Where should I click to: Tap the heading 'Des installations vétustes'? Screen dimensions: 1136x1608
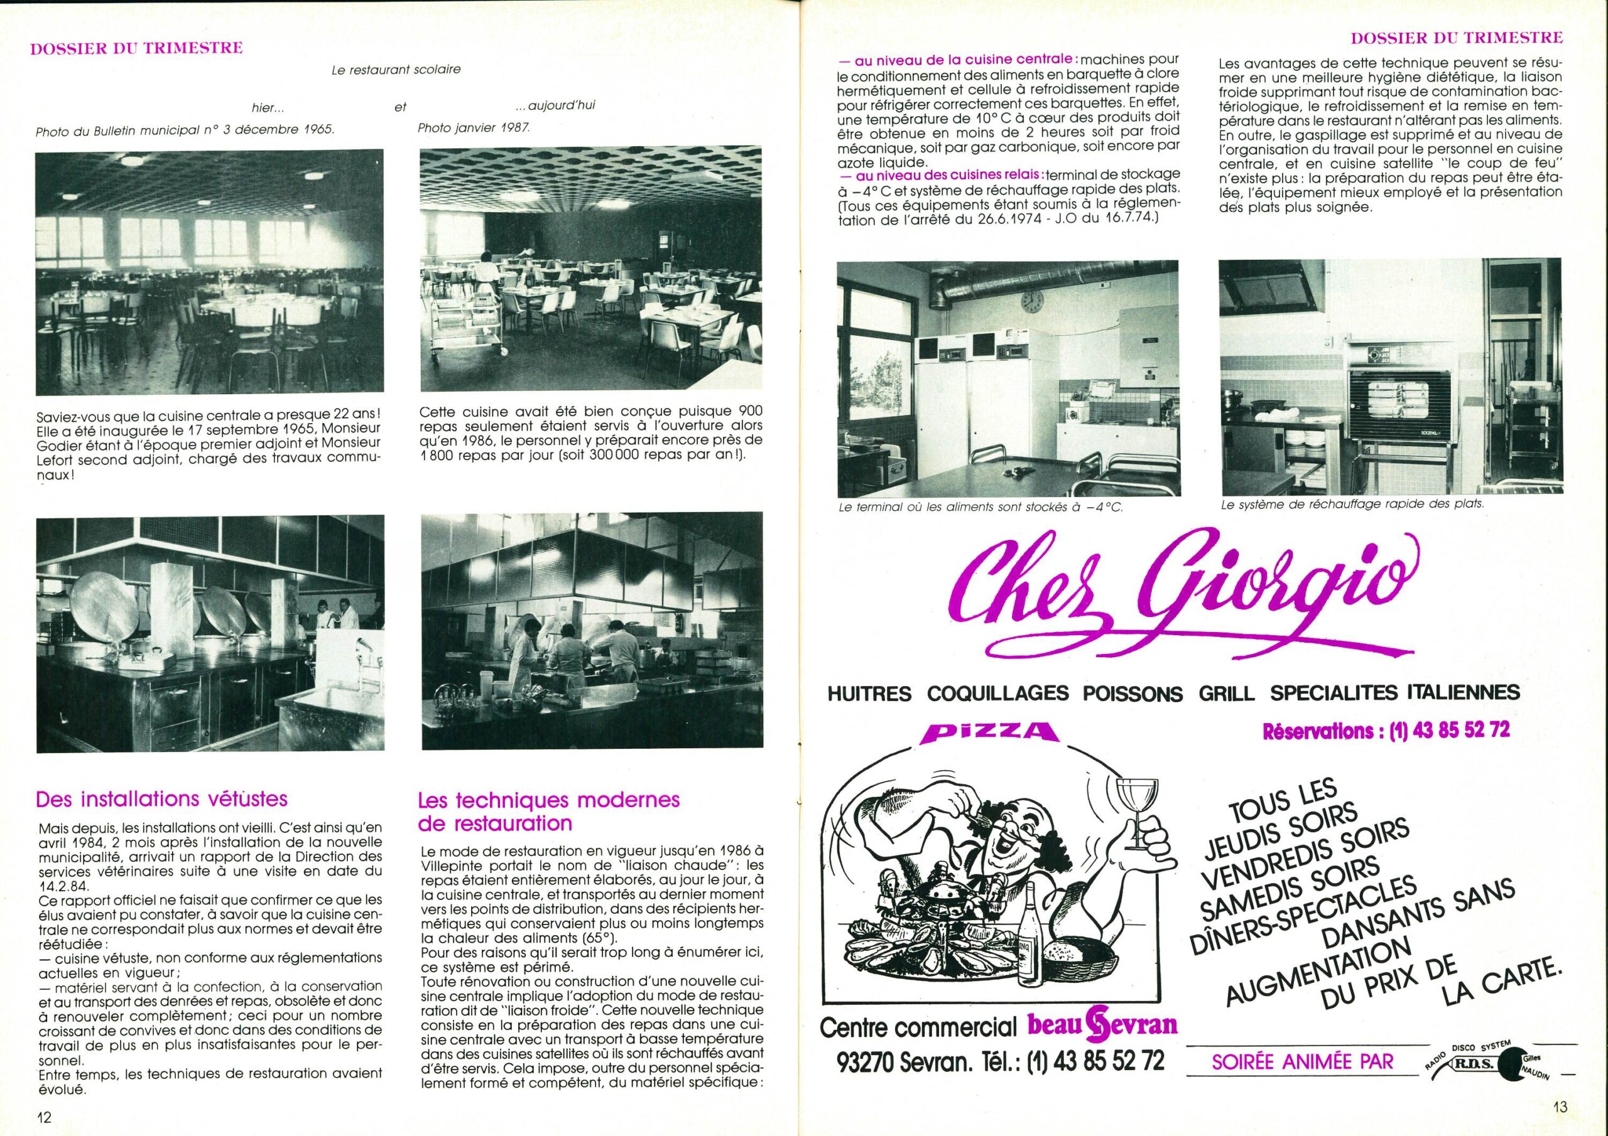point(161,798)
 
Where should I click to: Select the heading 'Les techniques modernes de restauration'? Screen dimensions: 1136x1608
point(548,812)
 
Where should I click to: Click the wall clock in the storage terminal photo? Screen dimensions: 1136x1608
point(1031,302)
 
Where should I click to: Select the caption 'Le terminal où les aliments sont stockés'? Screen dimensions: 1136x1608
point(980,508)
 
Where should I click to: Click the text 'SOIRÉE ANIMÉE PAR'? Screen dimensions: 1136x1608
point(1303,1062)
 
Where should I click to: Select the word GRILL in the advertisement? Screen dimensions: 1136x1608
point(1225,694)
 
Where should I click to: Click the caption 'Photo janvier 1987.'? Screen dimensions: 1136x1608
point(474,128)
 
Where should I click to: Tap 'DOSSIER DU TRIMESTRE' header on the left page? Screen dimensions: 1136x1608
point(136,49)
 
